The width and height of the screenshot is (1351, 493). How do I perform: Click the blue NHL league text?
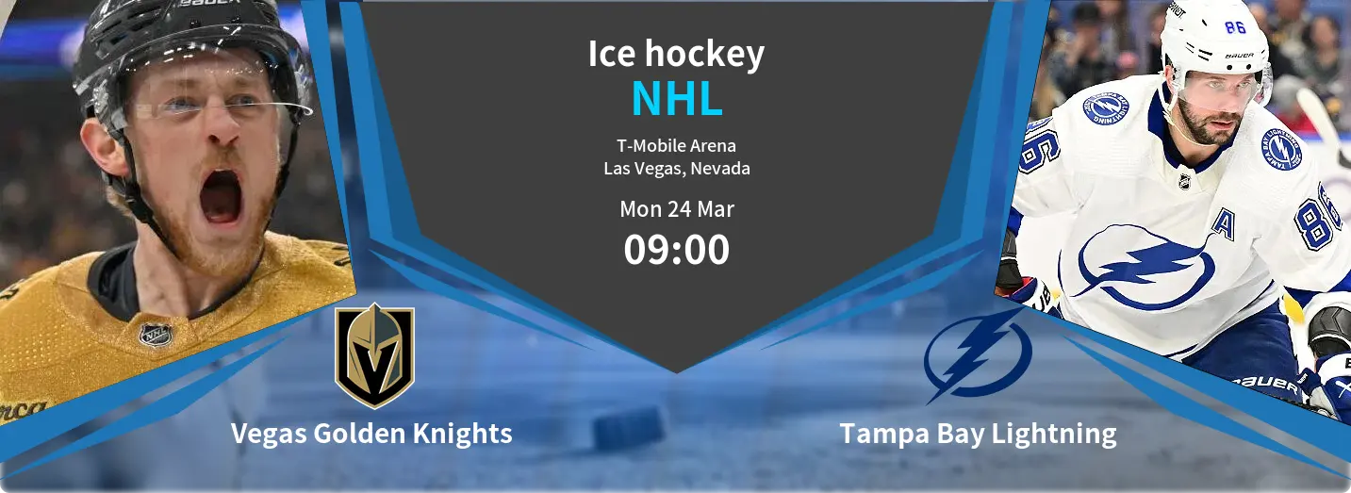coord(677,98)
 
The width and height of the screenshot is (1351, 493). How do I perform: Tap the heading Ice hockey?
coord(676,55)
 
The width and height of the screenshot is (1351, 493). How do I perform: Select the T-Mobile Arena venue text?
coord(676,146)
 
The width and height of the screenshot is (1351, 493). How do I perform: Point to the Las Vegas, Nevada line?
coord(677,168)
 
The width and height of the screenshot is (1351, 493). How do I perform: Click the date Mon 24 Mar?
coord(677,209)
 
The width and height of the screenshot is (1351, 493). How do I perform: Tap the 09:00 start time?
coord(677,250)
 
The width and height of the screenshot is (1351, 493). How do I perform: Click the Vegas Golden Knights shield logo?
coord(374,355)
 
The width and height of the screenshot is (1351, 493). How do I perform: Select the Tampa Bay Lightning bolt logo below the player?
coord(978,355)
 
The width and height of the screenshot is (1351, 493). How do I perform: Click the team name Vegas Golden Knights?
coord(371,434)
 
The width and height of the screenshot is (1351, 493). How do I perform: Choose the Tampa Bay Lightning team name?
coord(979,434)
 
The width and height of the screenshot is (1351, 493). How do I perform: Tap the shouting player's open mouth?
coord(221,196)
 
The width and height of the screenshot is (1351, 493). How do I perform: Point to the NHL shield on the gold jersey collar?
coord(156,336)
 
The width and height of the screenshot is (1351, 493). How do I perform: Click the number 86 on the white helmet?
coord(1235,27)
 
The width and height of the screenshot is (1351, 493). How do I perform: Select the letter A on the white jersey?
coord(1223,224)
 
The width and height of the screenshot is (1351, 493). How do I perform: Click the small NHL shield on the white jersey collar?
coord(1184,181)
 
